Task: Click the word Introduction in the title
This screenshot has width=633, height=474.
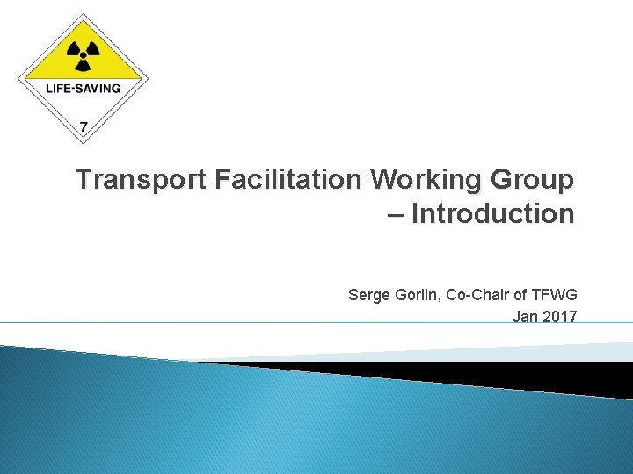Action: click(x=492, y=213)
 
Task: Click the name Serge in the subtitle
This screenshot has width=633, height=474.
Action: click(x=367, y=295)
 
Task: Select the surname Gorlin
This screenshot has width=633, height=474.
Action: click(x=418, y=295)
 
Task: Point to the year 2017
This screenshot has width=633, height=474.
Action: click(x=560, y=316)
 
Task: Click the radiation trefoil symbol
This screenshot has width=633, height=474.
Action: click(x=84, y=54)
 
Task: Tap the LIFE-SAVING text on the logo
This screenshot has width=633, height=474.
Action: click(x=84, y=89)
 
